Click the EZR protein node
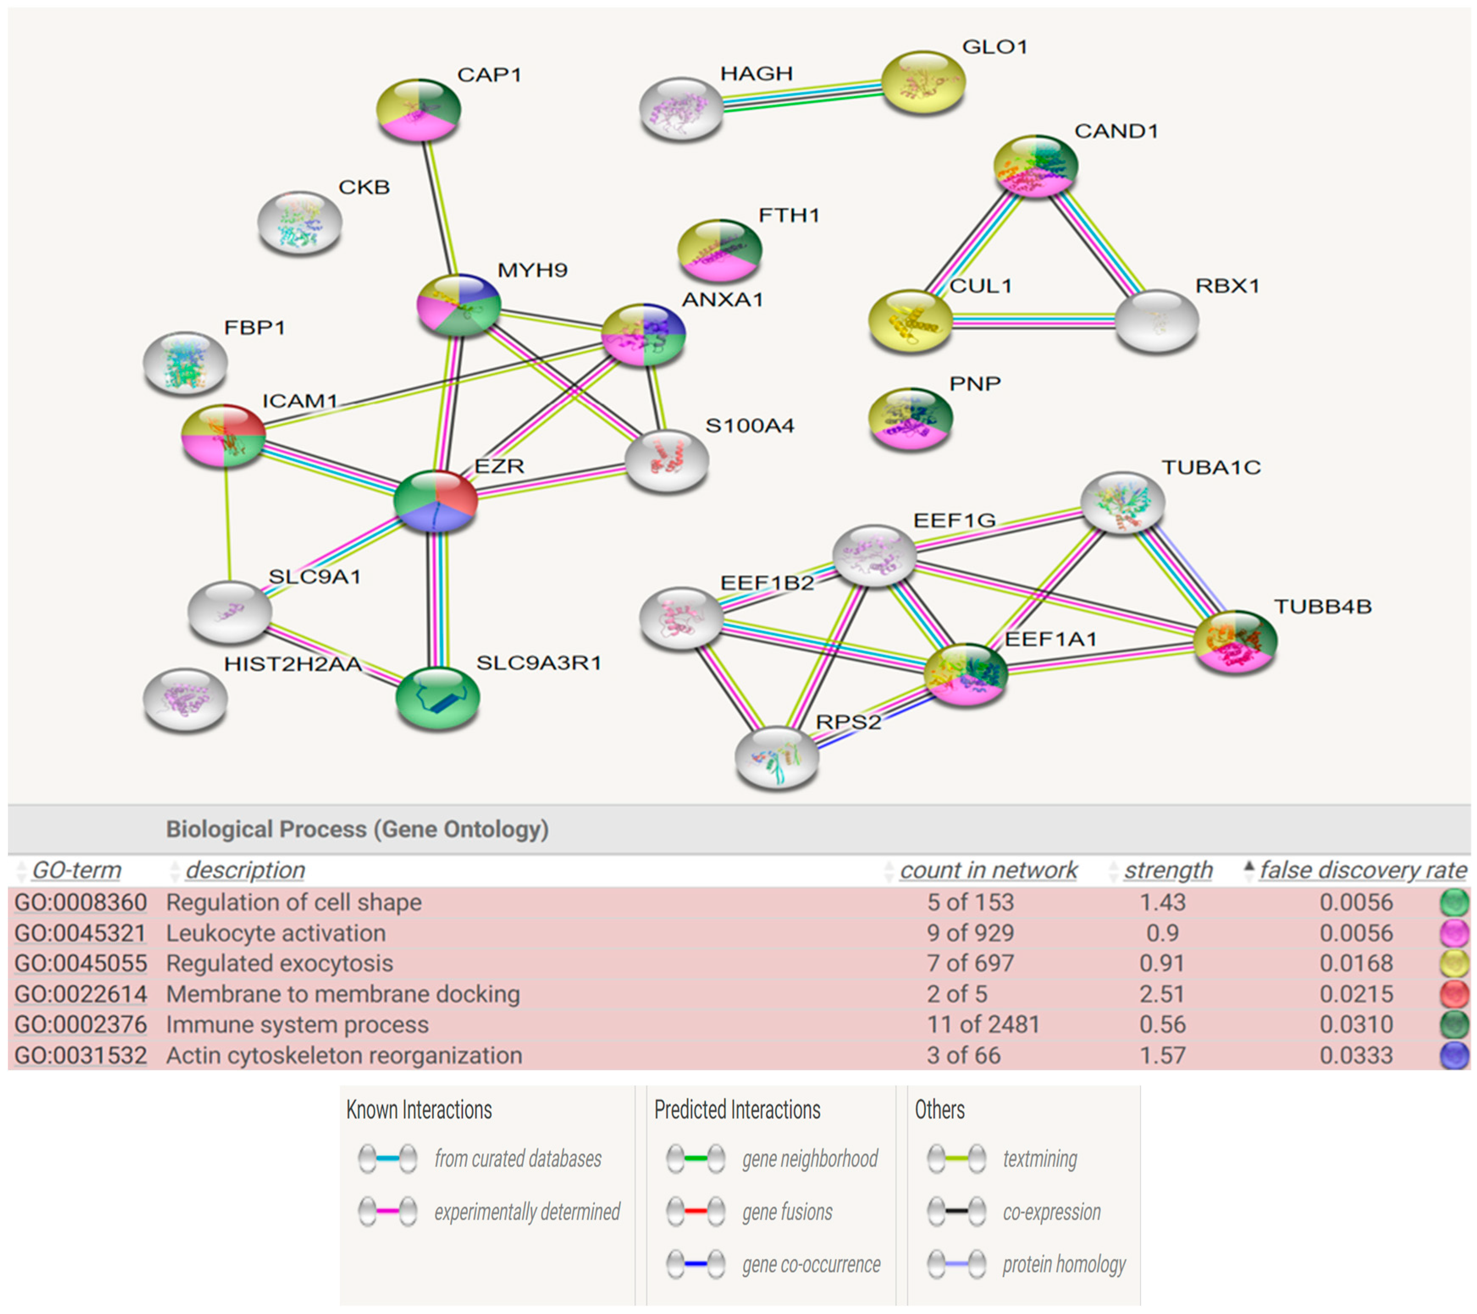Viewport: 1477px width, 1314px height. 436,501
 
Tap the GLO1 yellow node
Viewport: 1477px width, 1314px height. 923,82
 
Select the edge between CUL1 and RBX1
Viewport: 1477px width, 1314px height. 1033,321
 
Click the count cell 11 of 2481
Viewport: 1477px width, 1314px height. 983,1024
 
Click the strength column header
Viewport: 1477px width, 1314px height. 1168,870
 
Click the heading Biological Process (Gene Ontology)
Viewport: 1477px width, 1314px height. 357,829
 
